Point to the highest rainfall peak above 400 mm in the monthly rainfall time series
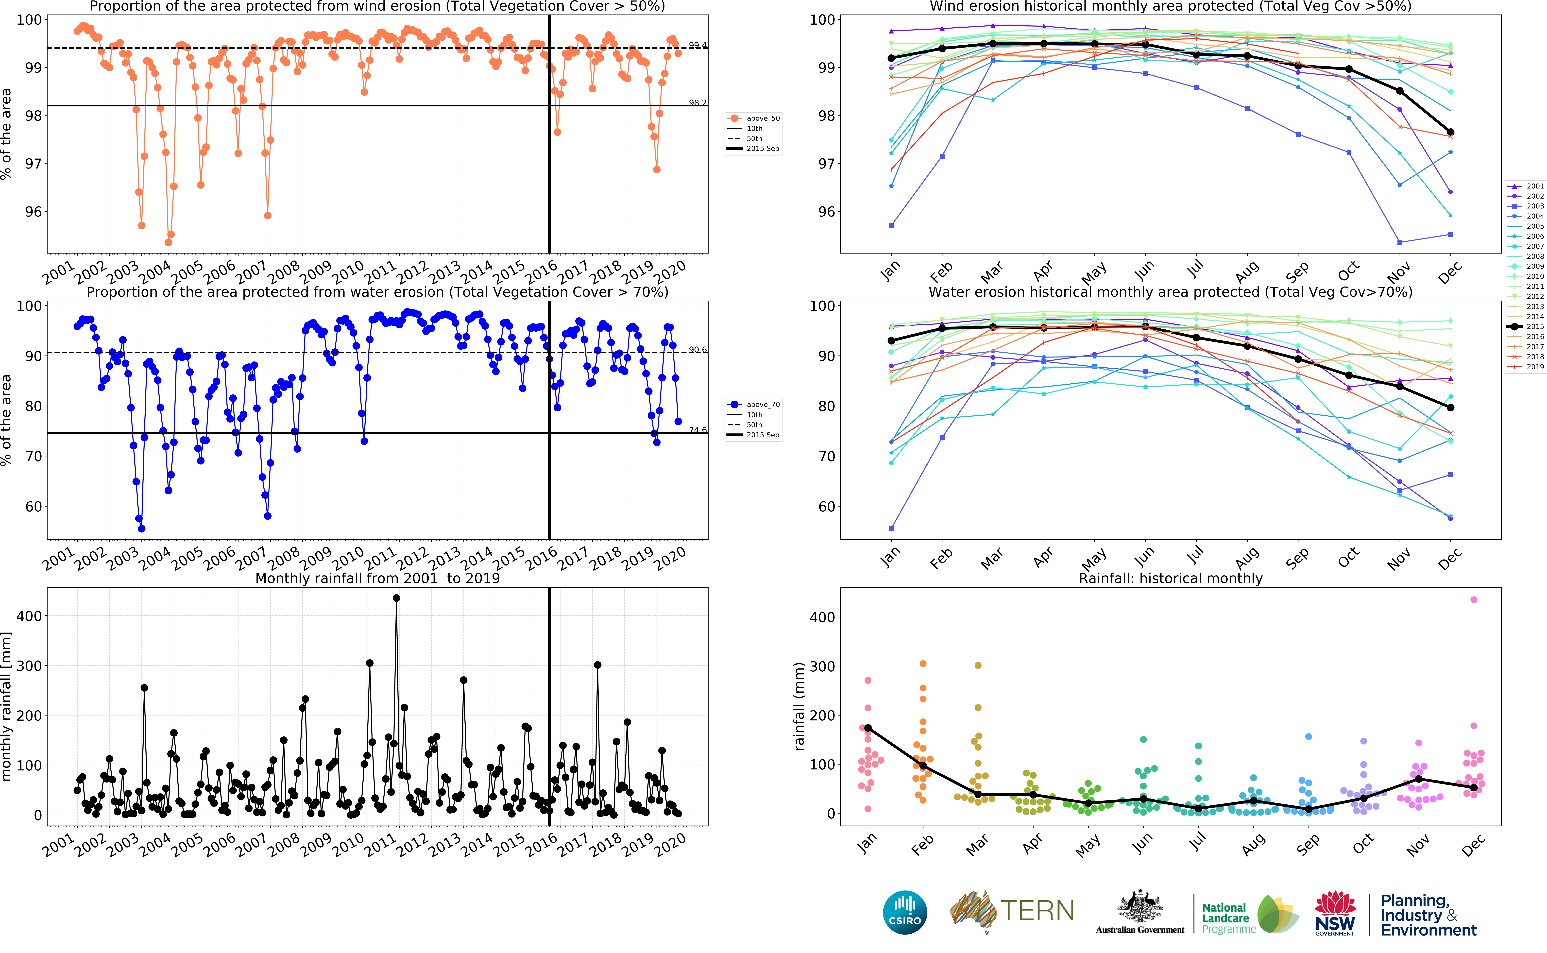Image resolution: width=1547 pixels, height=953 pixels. (396, 598)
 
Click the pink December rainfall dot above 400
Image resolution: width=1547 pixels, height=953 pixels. (1473, 599)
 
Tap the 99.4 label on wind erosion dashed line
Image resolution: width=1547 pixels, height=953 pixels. (697, 45)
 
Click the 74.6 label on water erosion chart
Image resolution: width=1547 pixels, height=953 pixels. (697, 430)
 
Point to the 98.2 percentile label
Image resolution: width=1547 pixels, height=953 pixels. (697, 103)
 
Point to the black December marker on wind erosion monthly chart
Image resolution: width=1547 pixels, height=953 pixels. (1450, 132)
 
